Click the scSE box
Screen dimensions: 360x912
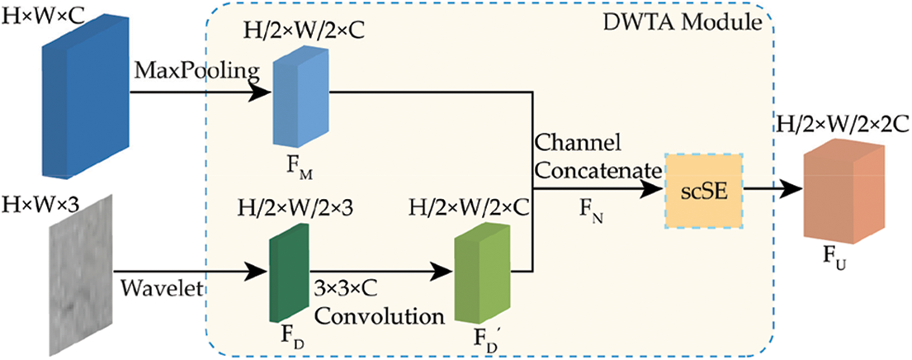pos(704,192)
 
